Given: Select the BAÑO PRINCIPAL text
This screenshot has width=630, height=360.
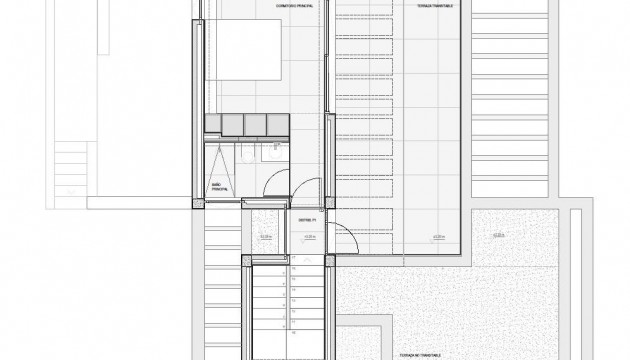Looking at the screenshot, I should (219, 186).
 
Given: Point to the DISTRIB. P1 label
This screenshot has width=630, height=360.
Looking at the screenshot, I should (306, 220).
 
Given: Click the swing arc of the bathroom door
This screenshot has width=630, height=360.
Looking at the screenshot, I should (280, 188).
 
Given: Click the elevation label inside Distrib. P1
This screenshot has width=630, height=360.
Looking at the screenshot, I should (309, 237).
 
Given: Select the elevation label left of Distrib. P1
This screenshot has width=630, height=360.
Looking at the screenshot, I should (265, 237).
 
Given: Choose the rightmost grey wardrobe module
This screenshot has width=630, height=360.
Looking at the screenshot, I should (279, 122).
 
